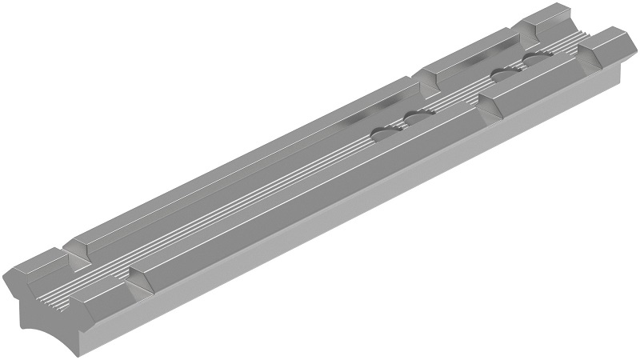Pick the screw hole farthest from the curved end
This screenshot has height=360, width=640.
click(534, 59)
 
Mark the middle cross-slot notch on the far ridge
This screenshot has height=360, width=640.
click(424, 76)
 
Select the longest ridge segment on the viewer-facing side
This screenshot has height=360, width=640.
click(312, 192)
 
